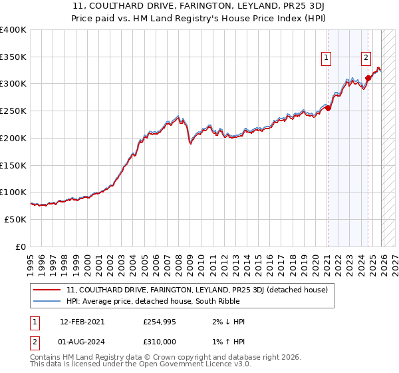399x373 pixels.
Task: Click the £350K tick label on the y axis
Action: pos(13,57)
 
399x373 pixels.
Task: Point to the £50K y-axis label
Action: pos(15,219)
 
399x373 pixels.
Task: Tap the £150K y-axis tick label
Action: pos(13,165)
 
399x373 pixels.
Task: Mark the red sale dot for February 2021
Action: pos(328,109)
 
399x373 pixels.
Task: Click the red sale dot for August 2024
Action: pos(368,79)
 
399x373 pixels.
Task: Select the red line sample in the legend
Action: pos(47,290)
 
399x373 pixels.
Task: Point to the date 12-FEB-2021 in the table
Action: pos(82,322)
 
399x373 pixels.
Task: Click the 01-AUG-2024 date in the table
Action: pos(82,342)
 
